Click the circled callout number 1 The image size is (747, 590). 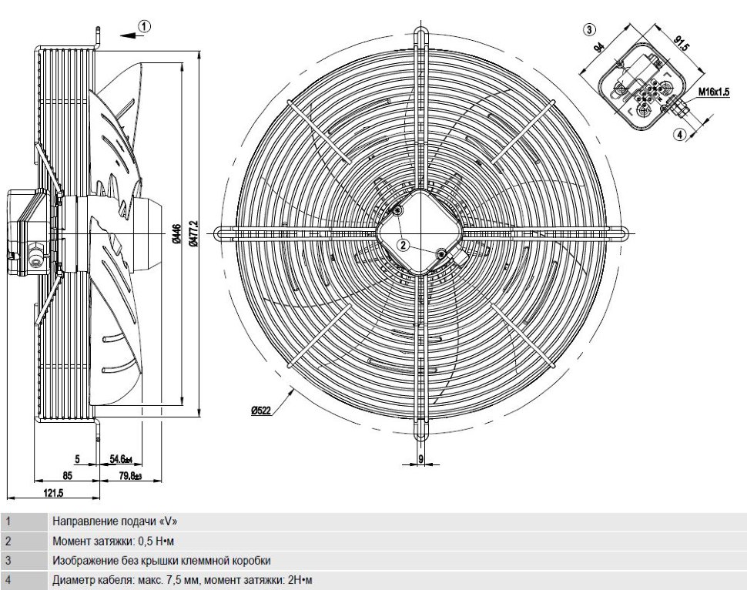(x=145, y=26)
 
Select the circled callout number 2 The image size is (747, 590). (x=403, y=245)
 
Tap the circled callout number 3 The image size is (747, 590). (x=589, y=29)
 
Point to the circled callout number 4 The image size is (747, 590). (x=680, y=135)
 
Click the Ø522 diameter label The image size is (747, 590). (x=261, y=411)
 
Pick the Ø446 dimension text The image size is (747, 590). (x=176, y=234)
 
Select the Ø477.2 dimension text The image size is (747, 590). (x=193, y=233)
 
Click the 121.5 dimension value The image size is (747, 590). (x=53, y=493)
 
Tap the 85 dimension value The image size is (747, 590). (x=67, y=476)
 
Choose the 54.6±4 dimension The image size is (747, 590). (x=121, y=459)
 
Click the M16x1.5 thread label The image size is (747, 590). (x=714, y=92)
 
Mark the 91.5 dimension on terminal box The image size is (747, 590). (x=681, y=43)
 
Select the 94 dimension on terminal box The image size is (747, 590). (x=599, y=47)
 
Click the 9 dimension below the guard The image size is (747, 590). (x=420, y=458)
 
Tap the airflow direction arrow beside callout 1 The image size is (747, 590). (x=129, y=35)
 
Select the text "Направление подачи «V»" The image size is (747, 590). (x=115, y=521)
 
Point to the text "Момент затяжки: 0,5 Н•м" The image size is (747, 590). (x=113, y=541)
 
